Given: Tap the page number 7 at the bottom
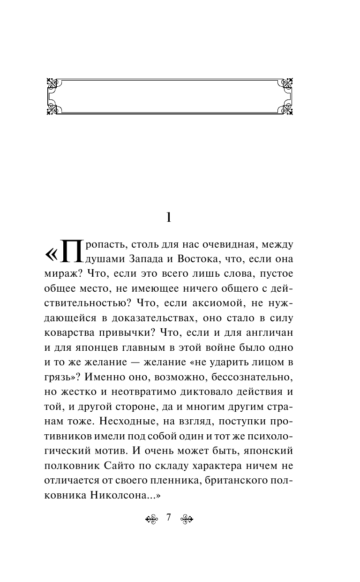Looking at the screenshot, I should (x=169, y=517).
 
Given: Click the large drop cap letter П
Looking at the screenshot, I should (x=71, y=253).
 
